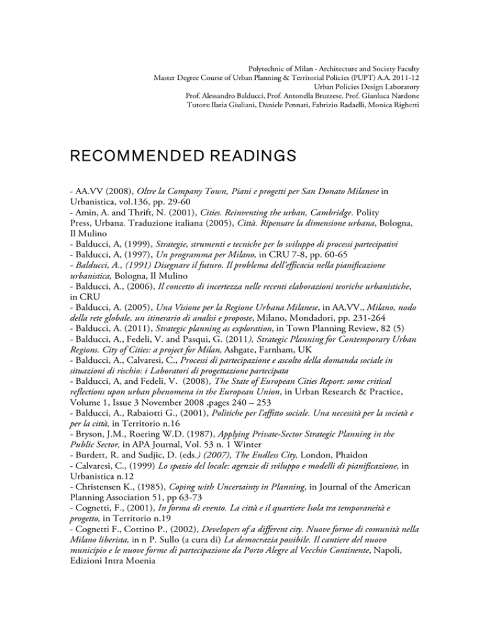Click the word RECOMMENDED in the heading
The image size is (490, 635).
click(x=100, y=155)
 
